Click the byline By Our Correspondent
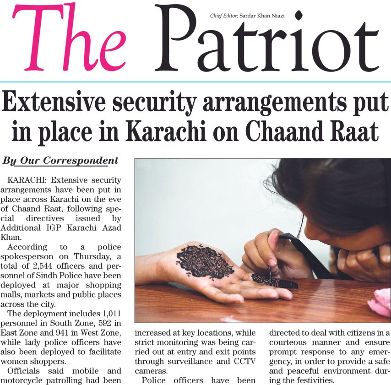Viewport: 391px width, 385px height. coord(60,161)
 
